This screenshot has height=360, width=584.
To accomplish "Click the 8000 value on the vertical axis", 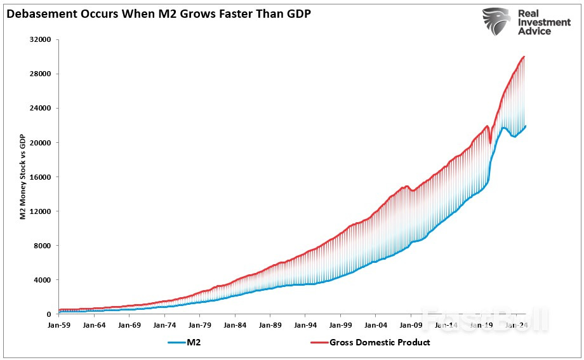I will [x=44, y=245].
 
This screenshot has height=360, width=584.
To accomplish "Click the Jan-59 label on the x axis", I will [x=59, y=324].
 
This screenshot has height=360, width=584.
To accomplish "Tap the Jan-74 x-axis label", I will [x=164, y=324].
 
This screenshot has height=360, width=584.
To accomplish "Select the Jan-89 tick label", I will [x=270, y=324].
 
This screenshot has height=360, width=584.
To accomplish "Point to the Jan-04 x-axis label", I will [x=375, y=324].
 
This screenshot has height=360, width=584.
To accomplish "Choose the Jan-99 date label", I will [x=340, y=324].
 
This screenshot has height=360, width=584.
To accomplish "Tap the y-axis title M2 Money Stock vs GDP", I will [x=22, y=177].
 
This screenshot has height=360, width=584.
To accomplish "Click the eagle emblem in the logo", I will [x=496, y=22].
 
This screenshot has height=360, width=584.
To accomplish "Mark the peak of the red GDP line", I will [x=524, y=57].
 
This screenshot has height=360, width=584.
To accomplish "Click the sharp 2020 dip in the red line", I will [x=490, y=142].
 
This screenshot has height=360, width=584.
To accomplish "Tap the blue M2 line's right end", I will [x=525, y=126].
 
